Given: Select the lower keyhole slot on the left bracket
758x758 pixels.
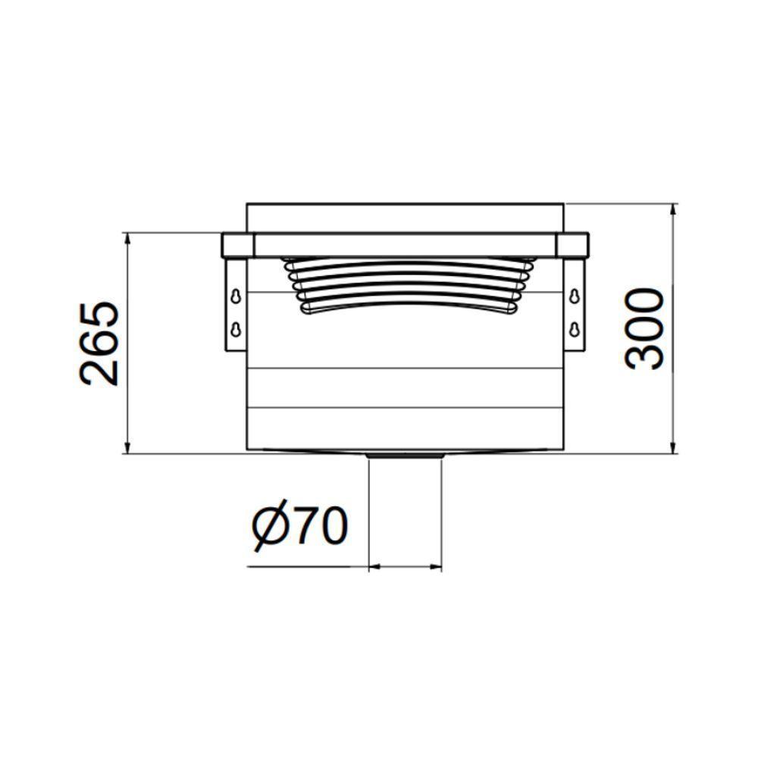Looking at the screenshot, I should tap(237, 329).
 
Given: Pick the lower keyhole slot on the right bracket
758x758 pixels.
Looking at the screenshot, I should tap(575, 329).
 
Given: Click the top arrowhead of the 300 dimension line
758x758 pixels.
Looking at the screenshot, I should tap(674, 209).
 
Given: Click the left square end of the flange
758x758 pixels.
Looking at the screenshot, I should tap(237, 245).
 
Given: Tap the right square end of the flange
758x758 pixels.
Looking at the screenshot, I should tap(572, 245).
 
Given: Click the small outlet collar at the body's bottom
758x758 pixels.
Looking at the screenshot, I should tap(404, 456).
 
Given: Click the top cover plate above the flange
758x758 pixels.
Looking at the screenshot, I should tap(406, 218).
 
